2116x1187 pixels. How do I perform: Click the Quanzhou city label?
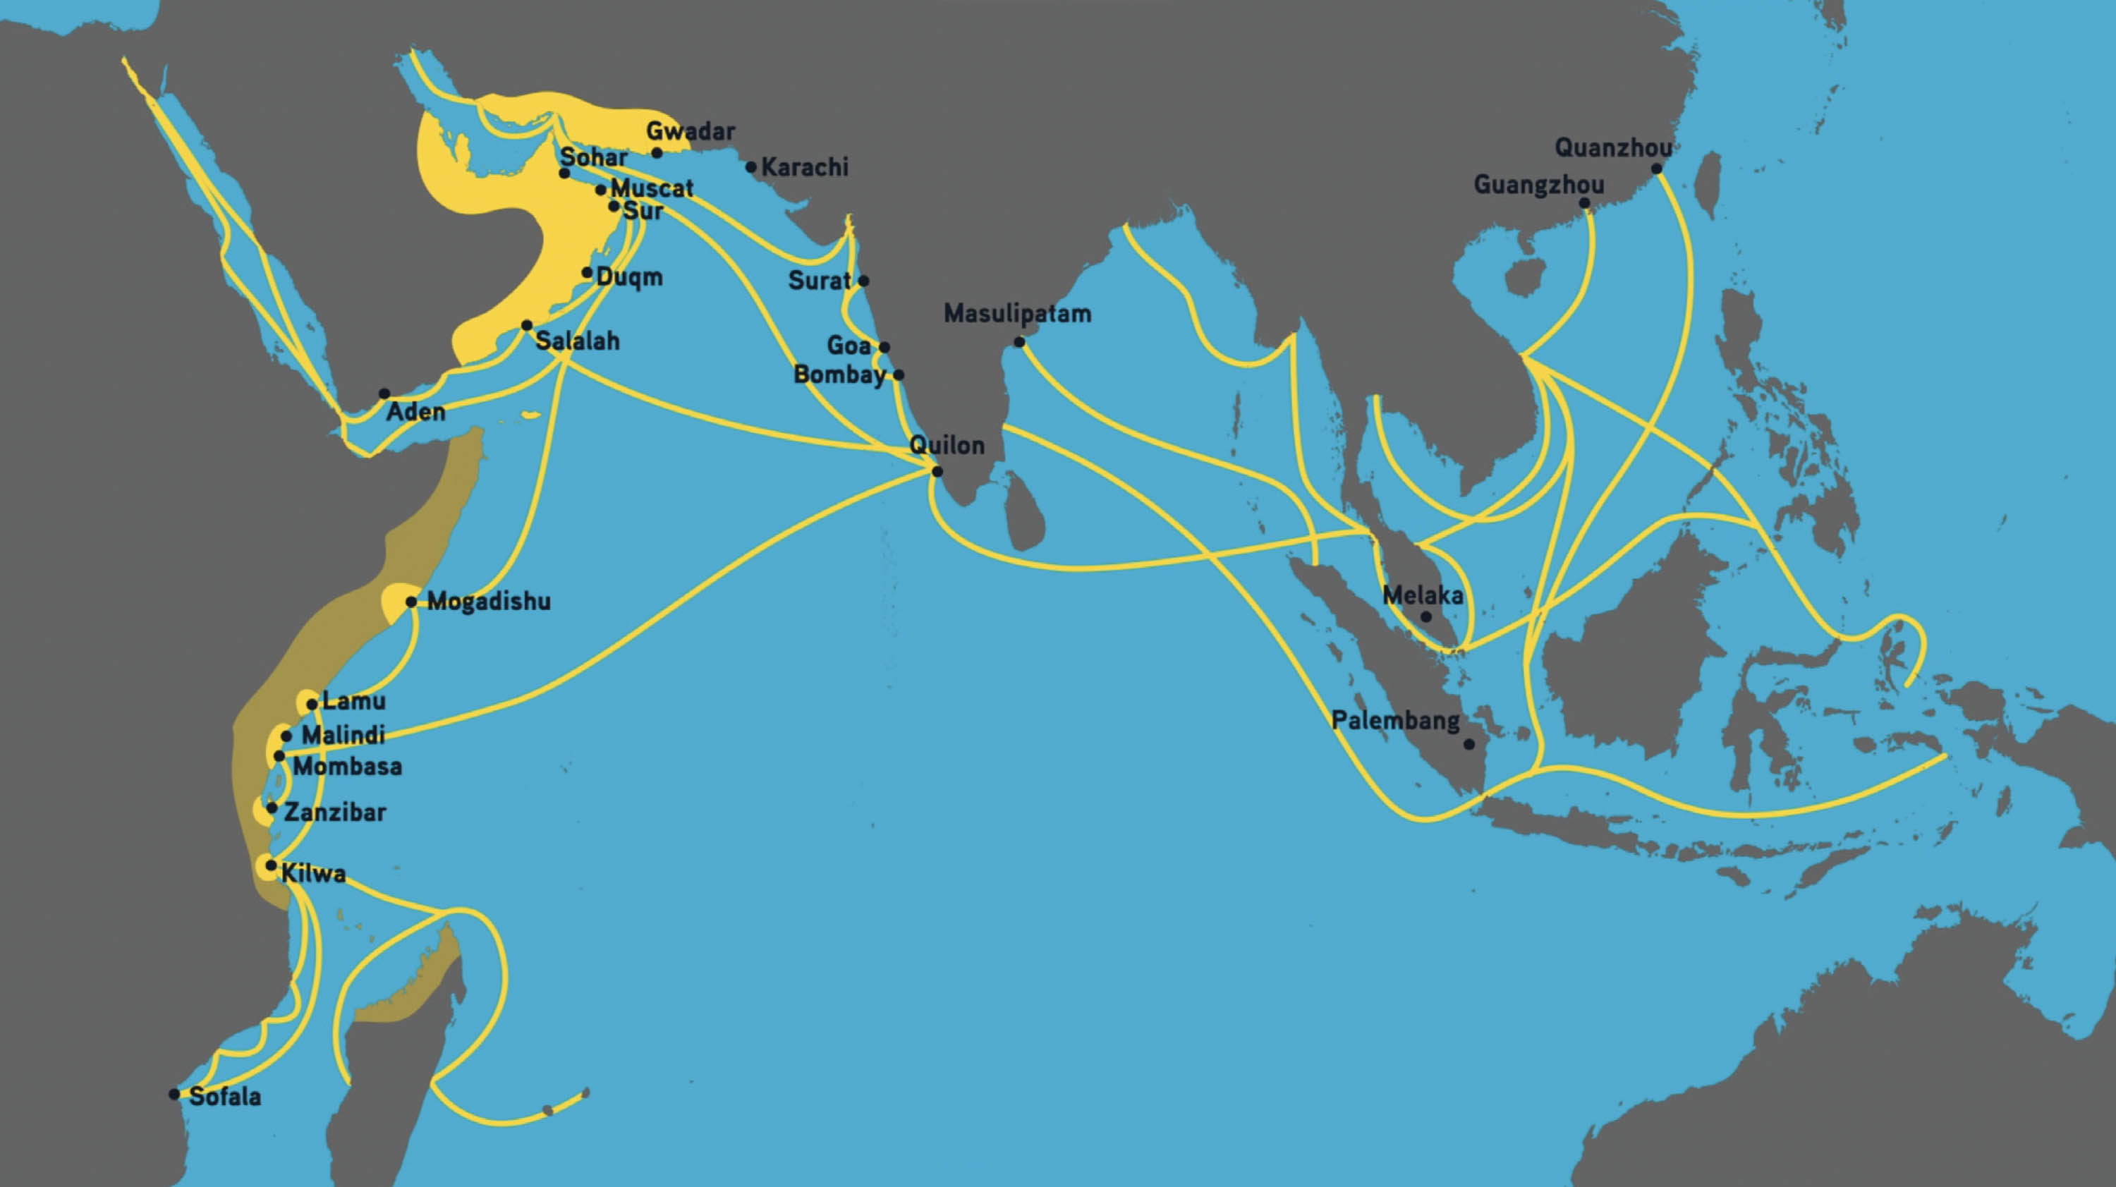coord(1612,148)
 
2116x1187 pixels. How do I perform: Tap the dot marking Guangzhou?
coord(1583,203)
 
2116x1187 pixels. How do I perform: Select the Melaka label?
coord(1422,595)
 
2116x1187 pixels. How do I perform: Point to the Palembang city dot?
coord(1469,744)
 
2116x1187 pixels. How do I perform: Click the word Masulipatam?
coord(1017,313)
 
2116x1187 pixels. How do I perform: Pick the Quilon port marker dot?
coord(937,472)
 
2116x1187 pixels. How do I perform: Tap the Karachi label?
coord(804,166)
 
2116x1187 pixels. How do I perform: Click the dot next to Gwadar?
coord(657,153)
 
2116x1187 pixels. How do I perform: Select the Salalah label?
coord(578,341)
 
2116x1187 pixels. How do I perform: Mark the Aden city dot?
coord(384,394)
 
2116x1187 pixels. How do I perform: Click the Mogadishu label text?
coord(489,602)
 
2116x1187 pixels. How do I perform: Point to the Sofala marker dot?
coord(174,1094)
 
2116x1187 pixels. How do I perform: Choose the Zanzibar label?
coord(334,812)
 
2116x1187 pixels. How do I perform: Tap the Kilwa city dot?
coord(270,865)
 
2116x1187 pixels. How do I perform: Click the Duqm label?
coord(629,277)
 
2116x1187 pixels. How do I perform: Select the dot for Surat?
coord(863,281)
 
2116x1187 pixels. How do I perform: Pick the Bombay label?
coord(839,375)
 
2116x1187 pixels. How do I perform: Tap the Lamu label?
coord(353,700)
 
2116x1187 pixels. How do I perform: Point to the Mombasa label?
coord(348,767)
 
